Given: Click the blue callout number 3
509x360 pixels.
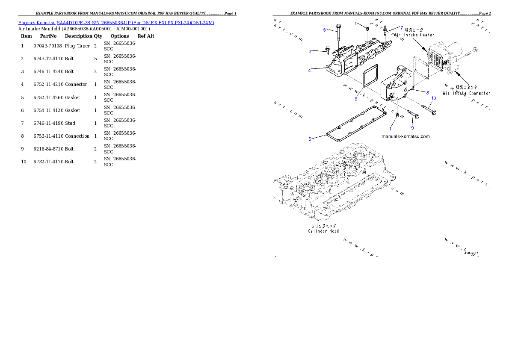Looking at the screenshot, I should pos(324,30).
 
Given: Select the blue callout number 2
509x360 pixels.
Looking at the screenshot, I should pos(310,52).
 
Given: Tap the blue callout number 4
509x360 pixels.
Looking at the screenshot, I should pos(310,71).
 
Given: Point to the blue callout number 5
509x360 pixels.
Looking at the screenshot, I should pos(310,139).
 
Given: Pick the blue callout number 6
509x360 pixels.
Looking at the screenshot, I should pos(355,99).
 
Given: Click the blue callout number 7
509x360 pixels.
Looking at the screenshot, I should pos(402,27).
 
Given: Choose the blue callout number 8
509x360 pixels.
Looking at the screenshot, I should pos(427,92).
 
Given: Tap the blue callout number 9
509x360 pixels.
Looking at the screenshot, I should pos(412,128).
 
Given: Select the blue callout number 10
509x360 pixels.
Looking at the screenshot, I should pos(433,98).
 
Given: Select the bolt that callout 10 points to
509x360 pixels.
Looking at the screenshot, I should pos(428,109).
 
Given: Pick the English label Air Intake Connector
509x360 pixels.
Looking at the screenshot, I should pos(466,93).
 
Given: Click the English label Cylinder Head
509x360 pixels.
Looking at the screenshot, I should pos(323,231).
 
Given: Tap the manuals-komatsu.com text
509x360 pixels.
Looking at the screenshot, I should pos(405,137).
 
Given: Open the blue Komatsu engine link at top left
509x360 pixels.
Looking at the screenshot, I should pos(116,22).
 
